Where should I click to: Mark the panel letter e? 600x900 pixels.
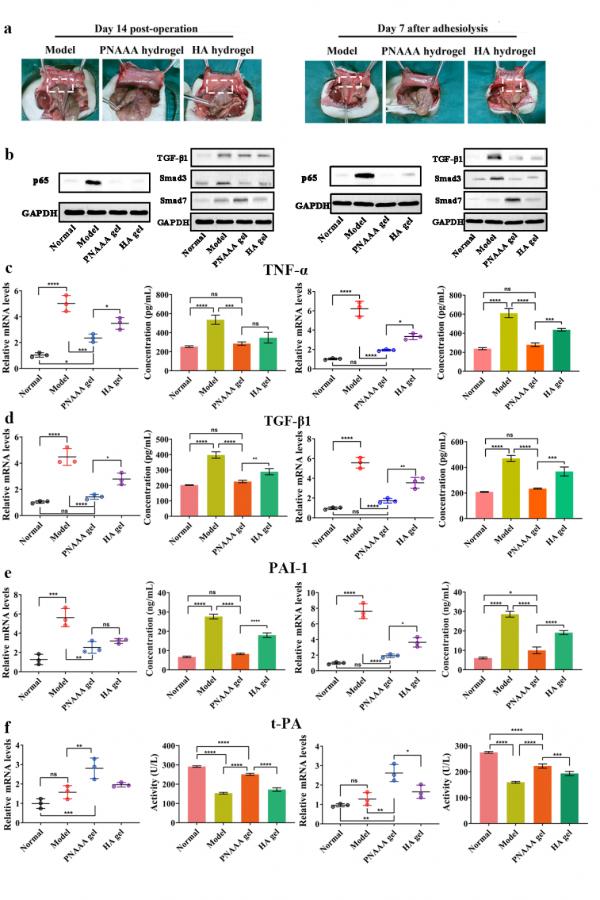tap(8, 575)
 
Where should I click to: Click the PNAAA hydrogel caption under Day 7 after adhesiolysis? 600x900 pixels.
tap(424, 50)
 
